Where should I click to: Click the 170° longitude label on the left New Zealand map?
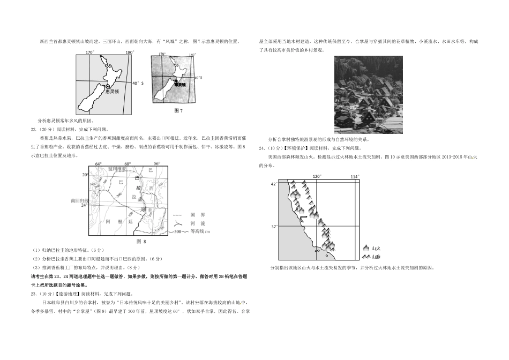click(x=89, y=52)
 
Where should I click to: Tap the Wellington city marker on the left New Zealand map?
click(x=108, y=86)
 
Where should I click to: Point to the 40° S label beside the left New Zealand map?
click(x=138, y=83)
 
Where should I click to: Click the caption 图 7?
click(x=179, y=111)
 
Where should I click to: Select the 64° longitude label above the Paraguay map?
click(x=99, y=163)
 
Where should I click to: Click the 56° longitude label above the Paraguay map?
click(x=157, y=163)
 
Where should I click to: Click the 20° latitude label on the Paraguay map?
click(x=85, y=175)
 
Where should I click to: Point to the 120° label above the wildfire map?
click(x=317, y=176)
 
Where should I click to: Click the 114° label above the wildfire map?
click(x=355, y=176)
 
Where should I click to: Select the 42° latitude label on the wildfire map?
click(x=273, y=184)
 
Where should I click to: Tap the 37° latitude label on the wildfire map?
click(x=273, y=227)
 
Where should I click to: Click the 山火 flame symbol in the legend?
click(x=366, y=248)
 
